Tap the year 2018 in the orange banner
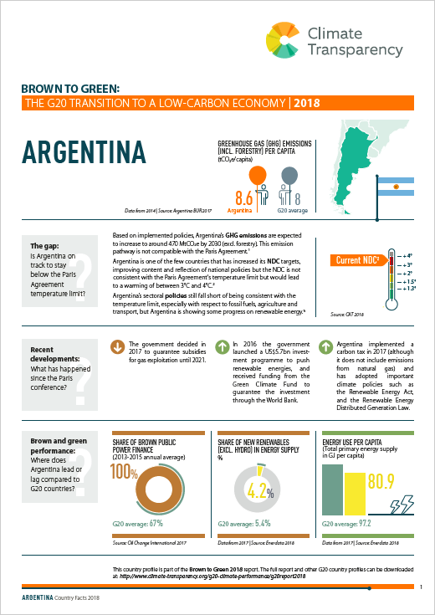299,104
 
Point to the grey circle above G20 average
289,174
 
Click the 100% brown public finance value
125,470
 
